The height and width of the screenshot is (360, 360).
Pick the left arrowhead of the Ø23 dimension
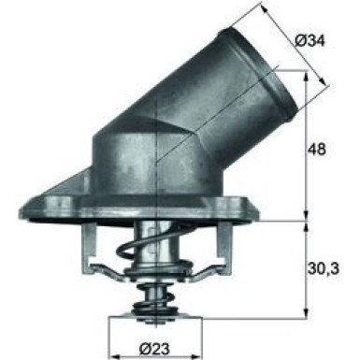[x=113, y=331]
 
